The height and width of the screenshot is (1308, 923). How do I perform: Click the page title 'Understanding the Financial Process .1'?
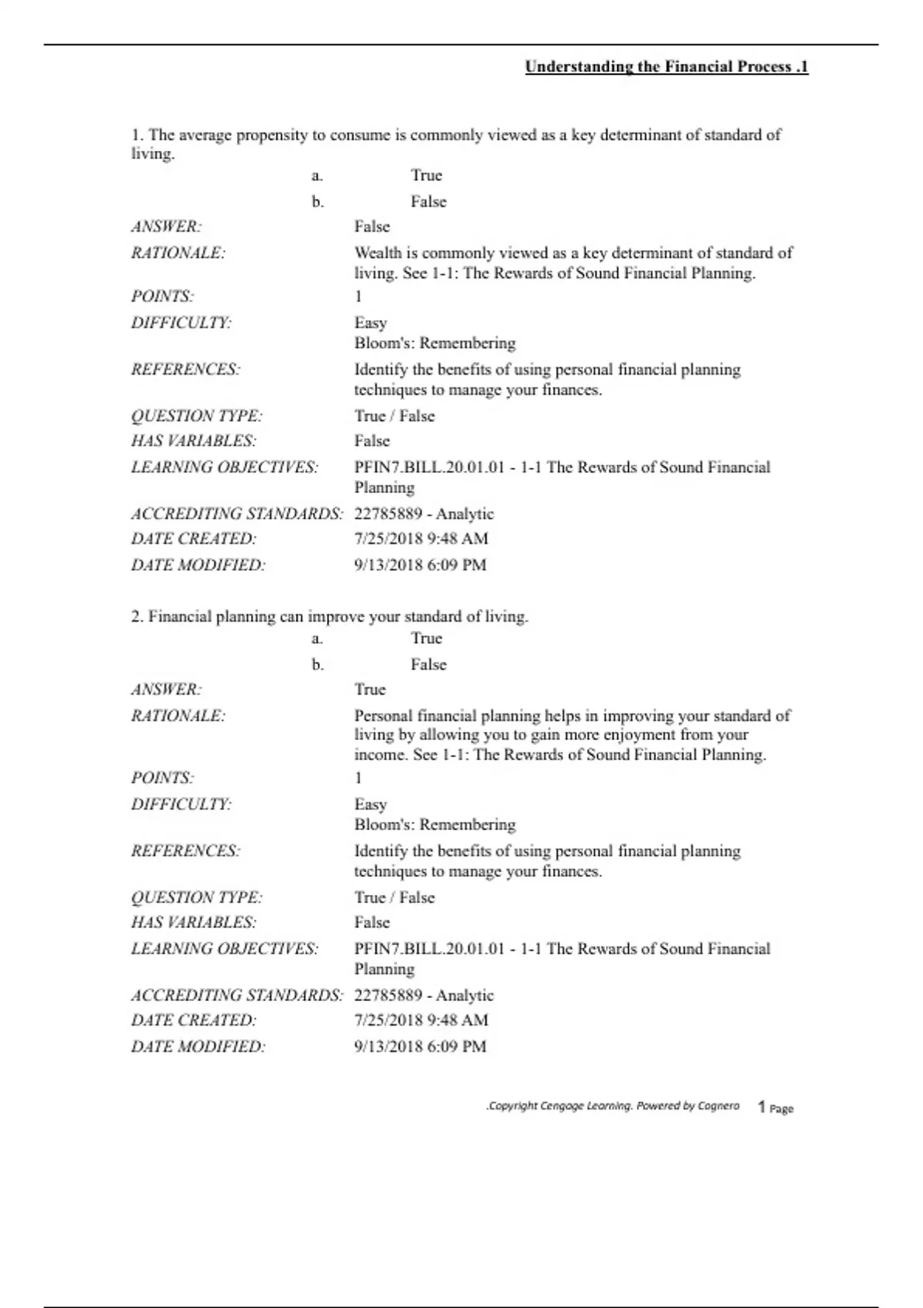(x=666, y=67)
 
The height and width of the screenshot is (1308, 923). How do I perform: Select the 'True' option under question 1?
(x=426, y=175)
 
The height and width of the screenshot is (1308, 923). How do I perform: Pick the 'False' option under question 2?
(x=428, y=664)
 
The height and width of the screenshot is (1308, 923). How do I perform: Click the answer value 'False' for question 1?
(x=372, y=226)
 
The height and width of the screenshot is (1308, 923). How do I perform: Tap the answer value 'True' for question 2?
(x=370, y=689)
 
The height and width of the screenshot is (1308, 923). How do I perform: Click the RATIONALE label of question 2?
(x=178, y=716)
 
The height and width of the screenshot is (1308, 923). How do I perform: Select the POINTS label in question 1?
(x=162, y=296)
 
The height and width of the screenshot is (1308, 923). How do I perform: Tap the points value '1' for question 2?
(x=358, y=778)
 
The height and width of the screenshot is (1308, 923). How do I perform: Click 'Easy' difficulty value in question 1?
(x=371, y=323)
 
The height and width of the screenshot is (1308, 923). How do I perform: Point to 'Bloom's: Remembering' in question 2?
(x=435, y=825)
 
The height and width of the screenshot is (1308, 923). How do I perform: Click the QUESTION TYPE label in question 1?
(x=196, y=415)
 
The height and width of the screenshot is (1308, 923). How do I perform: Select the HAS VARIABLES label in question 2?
(x=193, y=922)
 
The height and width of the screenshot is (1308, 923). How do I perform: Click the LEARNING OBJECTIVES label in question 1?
(x=224, y=467)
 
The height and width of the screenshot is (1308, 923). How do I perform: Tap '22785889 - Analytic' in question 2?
(x=424, y=995)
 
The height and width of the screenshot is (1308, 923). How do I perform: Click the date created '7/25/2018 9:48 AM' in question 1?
(x=421, y=539)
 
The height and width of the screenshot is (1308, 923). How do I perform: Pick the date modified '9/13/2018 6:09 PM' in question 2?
(x=420, y=1046)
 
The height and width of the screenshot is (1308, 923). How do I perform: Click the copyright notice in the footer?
(x=613, y=1106)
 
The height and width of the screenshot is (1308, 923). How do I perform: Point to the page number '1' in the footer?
(x=761, y=1107)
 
